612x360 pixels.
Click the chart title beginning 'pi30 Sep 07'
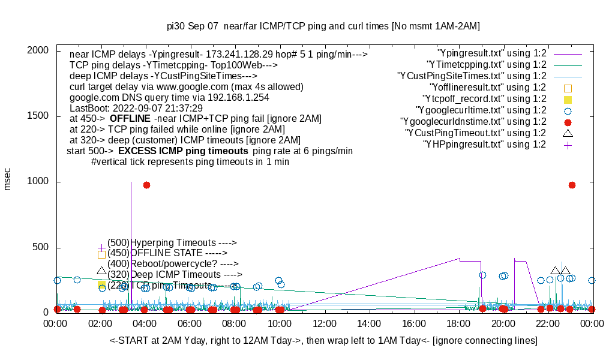coord(323,26)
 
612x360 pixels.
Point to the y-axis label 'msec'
coord(8,179)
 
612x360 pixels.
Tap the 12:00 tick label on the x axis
coord(325,324)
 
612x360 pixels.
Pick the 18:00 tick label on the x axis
coord(458,324)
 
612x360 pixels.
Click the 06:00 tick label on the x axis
coord(190,324)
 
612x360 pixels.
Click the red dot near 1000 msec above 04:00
coord(146,185)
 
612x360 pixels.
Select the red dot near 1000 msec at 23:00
coord(572,185)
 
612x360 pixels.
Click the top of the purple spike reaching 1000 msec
coord(131,182)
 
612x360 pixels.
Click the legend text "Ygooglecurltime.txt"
coord(481,110)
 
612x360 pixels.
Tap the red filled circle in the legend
coord(568,122)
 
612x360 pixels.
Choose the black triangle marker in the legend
coord(568,133)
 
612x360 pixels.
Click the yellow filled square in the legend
coord(568,99)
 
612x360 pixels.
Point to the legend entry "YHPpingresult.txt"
coord(485,145)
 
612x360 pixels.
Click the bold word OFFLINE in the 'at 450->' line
coord(130,119)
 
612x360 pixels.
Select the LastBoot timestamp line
coord(136,108)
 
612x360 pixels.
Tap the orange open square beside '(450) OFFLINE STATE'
coord(101,254)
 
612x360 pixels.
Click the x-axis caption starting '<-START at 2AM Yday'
coord(323,341)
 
